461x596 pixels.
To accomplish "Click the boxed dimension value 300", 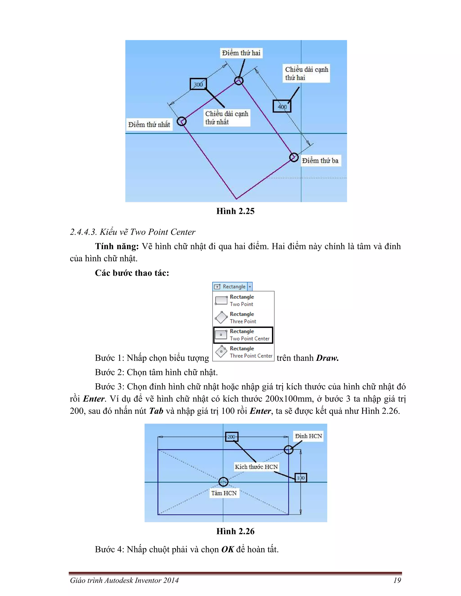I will point(198,84).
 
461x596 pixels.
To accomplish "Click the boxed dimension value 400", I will point(282,106).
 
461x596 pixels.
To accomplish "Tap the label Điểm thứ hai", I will point(241,53).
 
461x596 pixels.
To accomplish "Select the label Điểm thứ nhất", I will point(149,125).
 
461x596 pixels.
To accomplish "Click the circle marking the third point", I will point(294,157).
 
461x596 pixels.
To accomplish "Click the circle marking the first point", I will point(182,121).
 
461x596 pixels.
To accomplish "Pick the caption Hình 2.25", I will point(235,211).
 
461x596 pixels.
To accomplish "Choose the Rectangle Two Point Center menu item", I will point(243,335).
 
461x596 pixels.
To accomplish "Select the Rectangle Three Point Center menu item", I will point(243,352).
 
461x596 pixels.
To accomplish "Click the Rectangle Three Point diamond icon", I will point(221,317).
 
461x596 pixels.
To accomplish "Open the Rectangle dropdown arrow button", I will point(250,287).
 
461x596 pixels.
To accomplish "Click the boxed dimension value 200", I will point(232,437).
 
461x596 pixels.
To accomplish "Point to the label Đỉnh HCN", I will point(308,436).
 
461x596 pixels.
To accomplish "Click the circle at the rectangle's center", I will point(223,482).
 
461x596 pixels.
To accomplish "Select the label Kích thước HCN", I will point(256,467).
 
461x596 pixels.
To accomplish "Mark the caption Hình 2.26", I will point(235,531).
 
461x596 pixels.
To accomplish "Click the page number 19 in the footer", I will point(397,580).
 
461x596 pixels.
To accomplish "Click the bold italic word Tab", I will point(156,411).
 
